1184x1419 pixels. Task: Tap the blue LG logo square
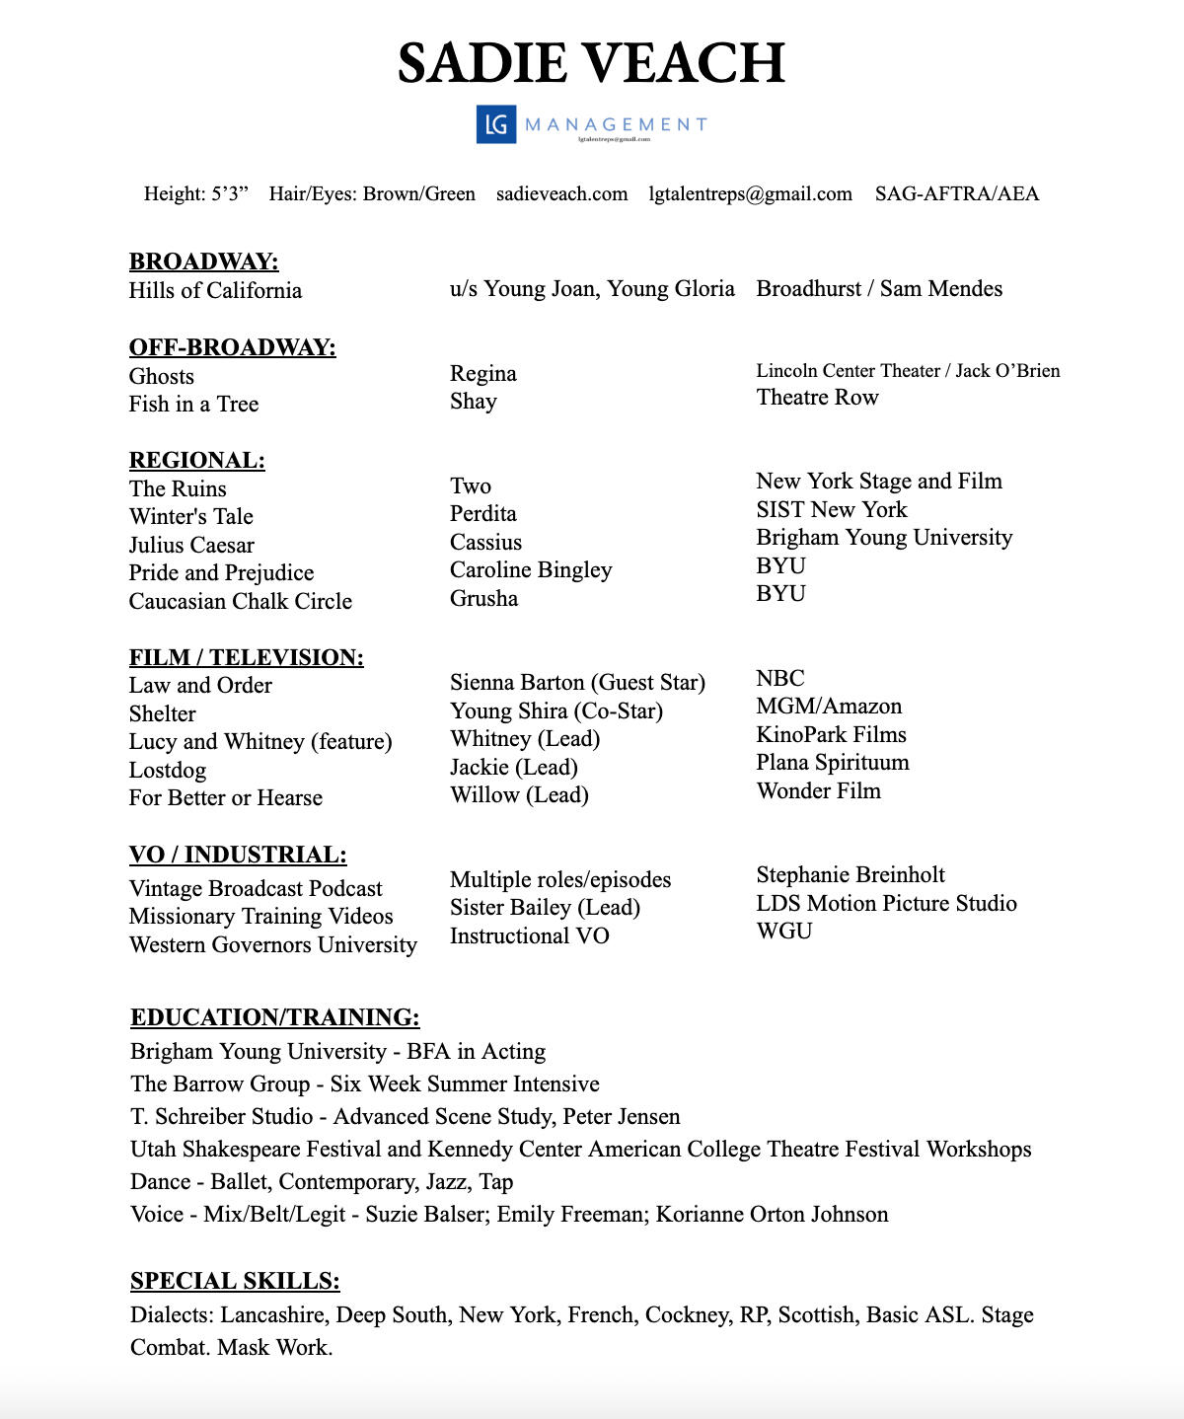click(496, 124)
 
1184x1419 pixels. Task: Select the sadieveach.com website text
click(561, 193)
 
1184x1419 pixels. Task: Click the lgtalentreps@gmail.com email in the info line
click(750, 193)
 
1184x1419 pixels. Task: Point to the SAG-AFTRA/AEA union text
click(956, 193)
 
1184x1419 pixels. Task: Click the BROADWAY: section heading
click(203, 261)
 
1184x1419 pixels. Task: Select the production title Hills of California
click(215, 290)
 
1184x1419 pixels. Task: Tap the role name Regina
click(482, 373)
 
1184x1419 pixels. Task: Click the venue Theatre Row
click(817, 397)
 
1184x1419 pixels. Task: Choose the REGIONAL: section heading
click(196, 460)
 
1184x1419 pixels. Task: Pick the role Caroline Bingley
click(531, 569)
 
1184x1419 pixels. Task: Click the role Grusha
click(483, 598)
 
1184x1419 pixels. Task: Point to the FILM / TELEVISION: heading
click(246, 657)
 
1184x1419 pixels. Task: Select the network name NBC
click(779, 678)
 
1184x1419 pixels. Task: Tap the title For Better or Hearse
click(225, 797)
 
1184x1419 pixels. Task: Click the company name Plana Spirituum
click(832, 762)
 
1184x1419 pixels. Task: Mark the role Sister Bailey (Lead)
click(545, 907)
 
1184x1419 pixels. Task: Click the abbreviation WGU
click(783, 931)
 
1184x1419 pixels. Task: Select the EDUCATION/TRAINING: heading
click(274, 1017)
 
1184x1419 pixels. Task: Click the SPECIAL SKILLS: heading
click(235, 1281)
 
